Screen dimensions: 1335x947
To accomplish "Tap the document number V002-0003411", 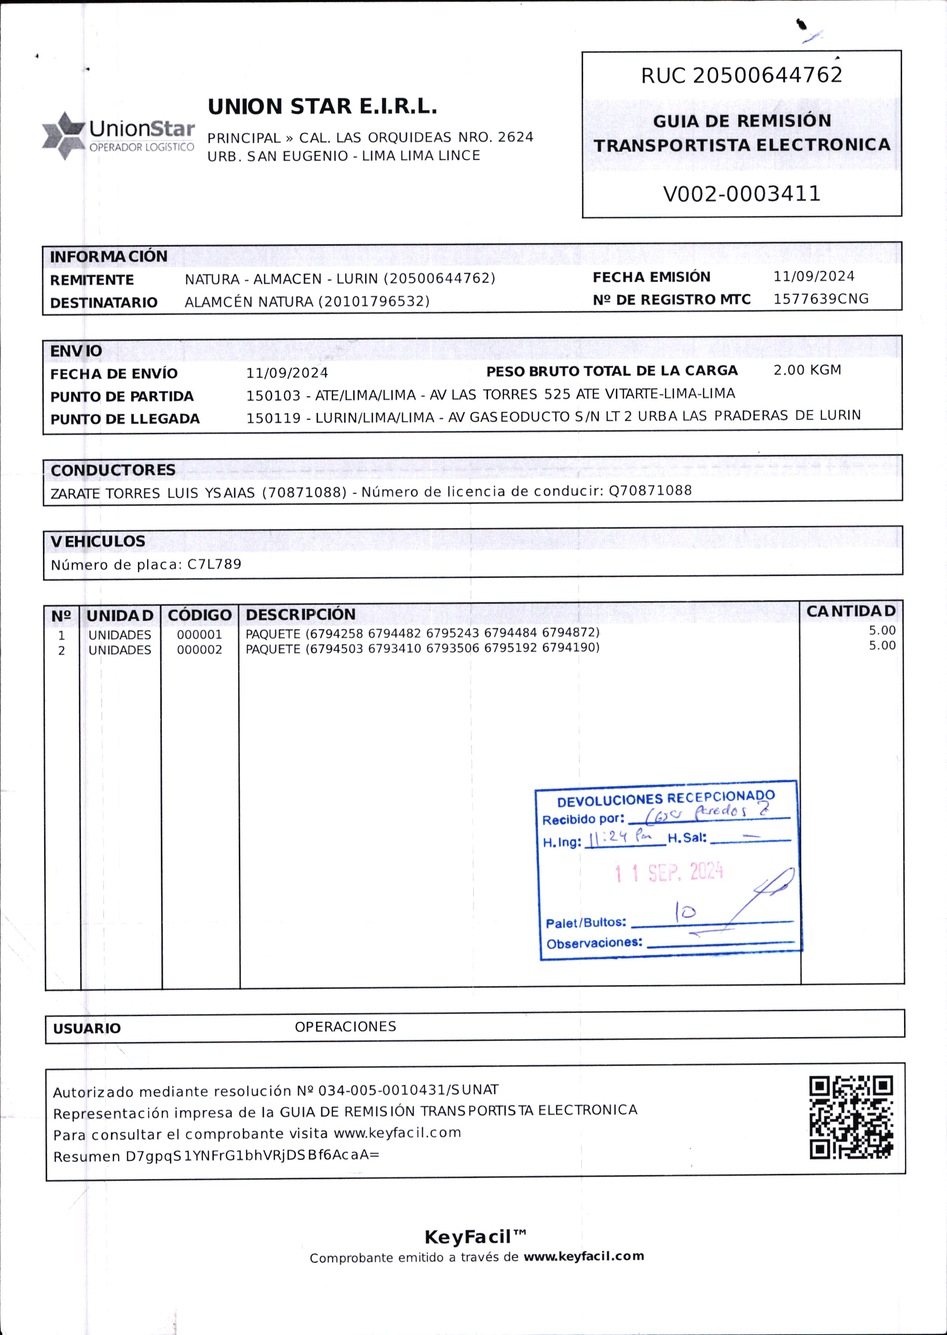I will tap(741, 193).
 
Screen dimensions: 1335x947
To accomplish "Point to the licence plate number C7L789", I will tap(214, 564).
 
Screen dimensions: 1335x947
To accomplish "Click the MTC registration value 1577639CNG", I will tap(820, 299).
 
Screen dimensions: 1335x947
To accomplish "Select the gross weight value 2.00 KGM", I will tap(807, 370).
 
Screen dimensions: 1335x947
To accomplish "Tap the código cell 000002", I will tap(200, 650).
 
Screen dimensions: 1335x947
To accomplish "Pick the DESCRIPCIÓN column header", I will tap(300, 614).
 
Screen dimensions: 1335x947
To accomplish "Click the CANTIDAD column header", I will tap(851, 611).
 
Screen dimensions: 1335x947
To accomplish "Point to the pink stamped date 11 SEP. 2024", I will tap(669, 873).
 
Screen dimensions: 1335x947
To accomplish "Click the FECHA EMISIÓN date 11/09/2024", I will tap(814, 276).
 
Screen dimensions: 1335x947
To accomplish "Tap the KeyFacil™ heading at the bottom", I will tap(475, 1237).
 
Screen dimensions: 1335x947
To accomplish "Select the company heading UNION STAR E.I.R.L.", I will tap(322, 107).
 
